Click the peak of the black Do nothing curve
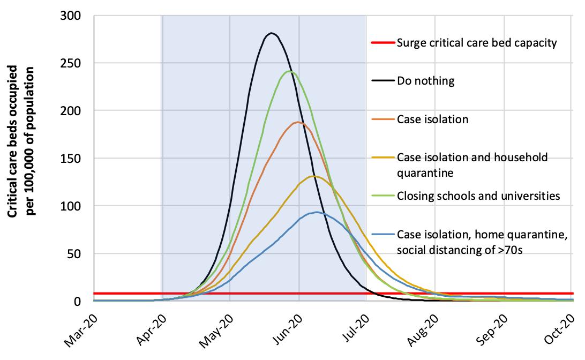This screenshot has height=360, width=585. tap(272, 33)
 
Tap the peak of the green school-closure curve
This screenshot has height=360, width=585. tap(289, 71)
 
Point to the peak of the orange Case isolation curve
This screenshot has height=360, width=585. tap(297, 122)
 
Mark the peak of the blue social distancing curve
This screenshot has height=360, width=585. tap(317, 212)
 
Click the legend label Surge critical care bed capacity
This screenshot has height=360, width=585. tap(477, 43)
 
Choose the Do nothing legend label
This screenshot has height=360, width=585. tap(425, 81)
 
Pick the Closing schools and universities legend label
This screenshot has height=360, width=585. tap(478, 196)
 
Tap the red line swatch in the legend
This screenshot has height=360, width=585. tap(381, 43)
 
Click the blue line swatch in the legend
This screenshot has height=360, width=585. tap(381, 235)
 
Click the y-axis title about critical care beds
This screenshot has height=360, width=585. tap(21, 141)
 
